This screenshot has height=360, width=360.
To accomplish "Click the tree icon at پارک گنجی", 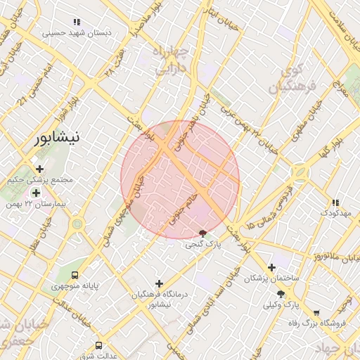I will [x=204, y=233].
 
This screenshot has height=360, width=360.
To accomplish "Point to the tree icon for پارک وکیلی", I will [x=281, y=293].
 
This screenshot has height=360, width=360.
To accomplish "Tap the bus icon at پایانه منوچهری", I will [x=75, y=275].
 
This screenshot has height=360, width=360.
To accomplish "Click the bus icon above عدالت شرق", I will [x=98, y=345].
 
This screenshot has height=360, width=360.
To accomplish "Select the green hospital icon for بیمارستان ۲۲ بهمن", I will [x=36, y=193].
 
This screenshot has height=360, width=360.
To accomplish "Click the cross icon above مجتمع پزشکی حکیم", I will [x=39, y=169].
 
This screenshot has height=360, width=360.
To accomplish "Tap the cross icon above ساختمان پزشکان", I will [x=271, y=267].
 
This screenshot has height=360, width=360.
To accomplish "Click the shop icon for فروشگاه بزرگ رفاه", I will [x=316, y=312].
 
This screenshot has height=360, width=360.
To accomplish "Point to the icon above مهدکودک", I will [x=334, y=201].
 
